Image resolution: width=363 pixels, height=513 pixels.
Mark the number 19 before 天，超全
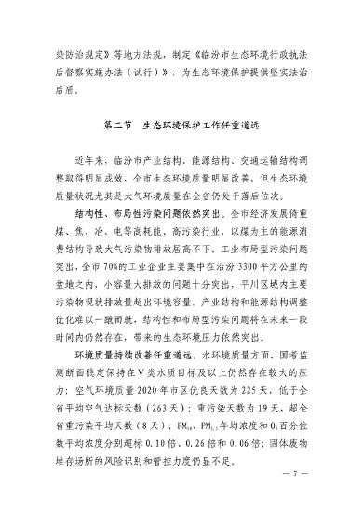[258, 405]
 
